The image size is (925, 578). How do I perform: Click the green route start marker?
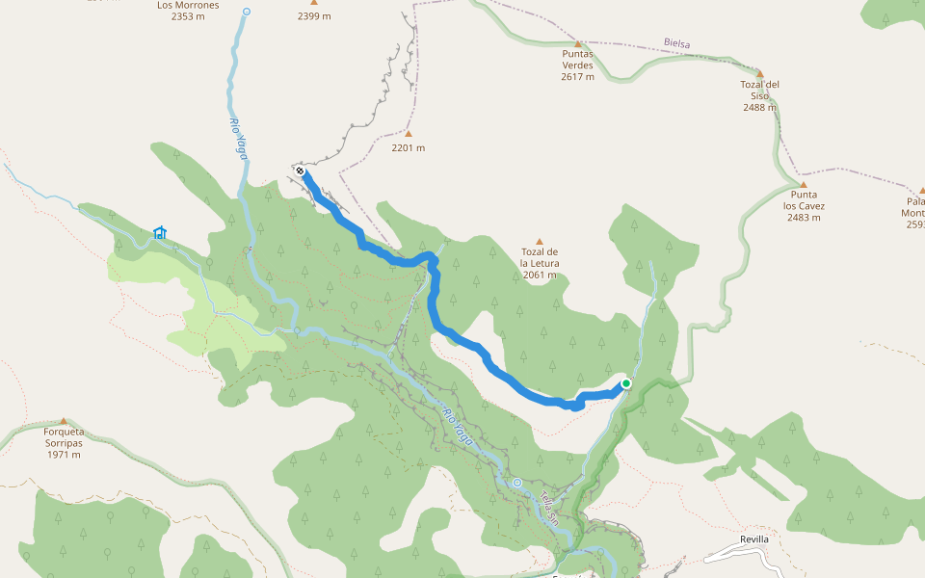pos(625,383)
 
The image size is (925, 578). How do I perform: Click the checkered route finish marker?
pos(301,171)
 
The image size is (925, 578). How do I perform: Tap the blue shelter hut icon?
pos(160,232)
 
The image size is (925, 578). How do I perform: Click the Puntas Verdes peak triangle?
pos(578,44)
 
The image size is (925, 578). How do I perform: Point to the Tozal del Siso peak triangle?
pos(759,73)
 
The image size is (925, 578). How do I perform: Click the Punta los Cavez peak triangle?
pos(804,184)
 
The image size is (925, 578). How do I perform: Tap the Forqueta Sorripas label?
pos(64,437)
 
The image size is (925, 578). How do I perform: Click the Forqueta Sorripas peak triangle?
pos(64,421)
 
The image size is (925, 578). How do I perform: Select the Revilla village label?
pos(754,539)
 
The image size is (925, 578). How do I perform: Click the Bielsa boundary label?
pos(677,43)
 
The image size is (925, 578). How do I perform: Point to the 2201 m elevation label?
pos(409,147)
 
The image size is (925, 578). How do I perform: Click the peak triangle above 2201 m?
pos(409,134)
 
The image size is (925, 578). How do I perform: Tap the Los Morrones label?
pos(188,5)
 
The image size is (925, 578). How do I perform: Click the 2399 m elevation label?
pos(314,16)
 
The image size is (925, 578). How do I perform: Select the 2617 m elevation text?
pos(578,77)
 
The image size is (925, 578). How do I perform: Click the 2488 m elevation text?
pos(759,107)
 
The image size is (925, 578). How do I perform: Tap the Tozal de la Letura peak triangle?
pos(540,242)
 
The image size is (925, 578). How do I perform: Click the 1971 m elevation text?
pos(64,455)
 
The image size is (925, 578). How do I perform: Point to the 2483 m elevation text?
pos(804,218)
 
